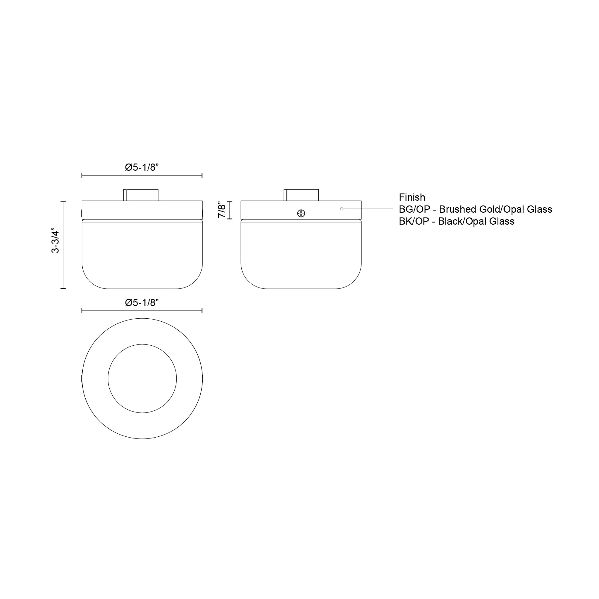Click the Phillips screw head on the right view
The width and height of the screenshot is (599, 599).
[301, 213]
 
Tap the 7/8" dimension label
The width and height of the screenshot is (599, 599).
[222, 210]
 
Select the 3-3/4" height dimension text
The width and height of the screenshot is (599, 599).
[55, 241]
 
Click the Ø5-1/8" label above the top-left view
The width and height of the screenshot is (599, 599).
[142, 167]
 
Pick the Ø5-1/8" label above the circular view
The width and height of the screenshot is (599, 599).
[142, 303]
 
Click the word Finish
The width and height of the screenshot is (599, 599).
[412, 197]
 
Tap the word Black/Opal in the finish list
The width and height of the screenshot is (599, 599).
[462, 221]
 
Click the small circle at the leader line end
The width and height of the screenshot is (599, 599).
[342, 209]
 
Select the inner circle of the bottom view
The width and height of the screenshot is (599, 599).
[142, 379]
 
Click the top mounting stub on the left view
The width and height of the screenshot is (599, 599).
[141, 195]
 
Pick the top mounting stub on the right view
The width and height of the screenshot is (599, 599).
[301, 195]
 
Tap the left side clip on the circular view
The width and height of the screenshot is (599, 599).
[81, 379]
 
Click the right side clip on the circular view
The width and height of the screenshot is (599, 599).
[202, 379]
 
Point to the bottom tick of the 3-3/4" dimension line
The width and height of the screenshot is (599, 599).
[63, 288]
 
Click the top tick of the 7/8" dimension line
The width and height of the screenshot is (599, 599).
[230, 201]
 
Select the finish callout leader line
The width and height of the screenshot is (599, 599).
[368, 209]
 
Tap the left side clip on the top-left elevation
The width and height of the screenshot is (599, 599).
[81, 213]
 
